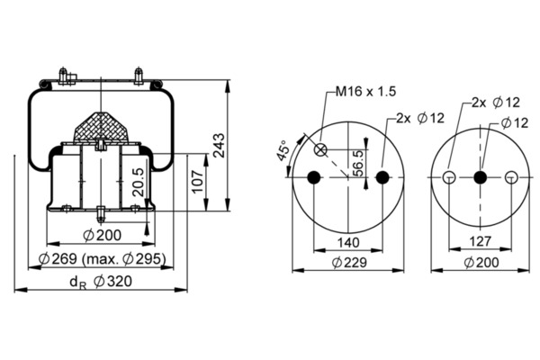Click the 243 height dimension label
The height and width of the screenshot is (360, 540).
pyautogui.click(x=219, y=145)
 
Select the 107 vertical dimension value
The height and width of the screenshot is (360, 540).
pyautogui.click(x=198, y=182)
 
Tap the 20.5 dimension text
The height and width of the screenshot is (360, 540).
pyautogui.click(x=139, y=182)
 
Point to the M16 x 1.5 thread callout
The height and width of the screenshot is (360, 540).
pyautogui.click(x=366, y=91)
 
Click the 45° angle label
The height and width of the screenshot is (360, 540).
pyautogui.click(x=283, y=150)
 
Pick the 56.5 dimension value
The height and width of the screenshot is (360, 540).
pyautogui.click(x=358, y=163)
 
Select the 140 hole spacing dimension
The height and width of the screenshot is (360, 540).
pyautogui.click(x=348, y=242)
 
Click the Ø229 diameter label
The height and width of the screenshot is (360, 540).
pyautogui.click(x=349, y=263)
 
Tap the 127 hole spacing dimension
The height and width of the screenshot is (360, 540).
pyautogui.click(x=480, y=241)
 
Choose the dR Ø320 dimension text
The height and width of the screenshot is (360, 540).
pyautogui.click(x=101, y=282)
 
